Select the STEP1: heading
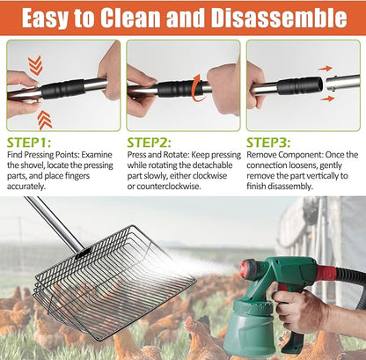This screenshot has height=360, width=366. pos(29,141)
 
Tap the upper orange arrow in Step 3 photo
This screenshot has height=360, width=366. pos(325,67)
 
